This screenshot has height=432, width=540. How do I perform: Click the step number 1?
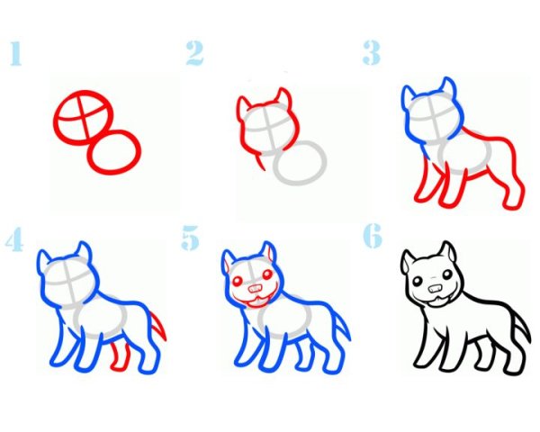point(15,53)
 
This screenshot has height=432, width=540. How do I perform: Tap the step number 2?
point(194,53)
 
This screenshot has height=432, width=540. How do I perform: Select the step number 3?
point(372,52)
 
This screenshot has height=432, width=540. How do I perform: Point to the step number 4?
point(14,238)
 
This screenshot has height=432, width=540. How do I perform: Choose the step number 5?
point(190,238)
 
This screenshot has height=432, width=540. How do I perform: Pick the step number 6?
point(373,236)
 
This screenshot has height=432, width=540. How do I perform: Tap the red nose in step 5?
point(256,288)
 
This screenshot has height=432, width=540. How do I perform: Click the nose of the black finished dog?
point(436,288)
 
